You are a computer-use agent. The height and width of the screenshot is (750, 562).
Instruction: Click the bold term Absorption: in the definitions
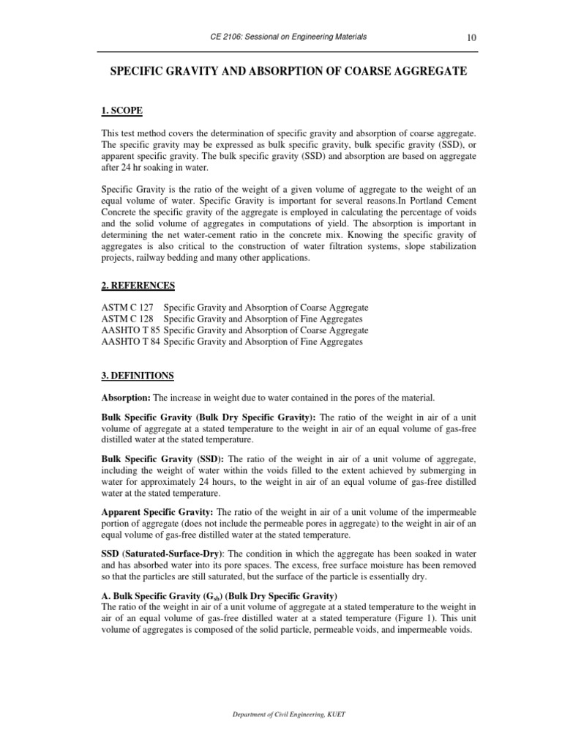[x=126, y=398]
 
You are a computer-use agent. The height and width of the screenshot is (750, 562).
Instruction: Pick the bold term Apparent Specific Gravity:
[x=157, y=512]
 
